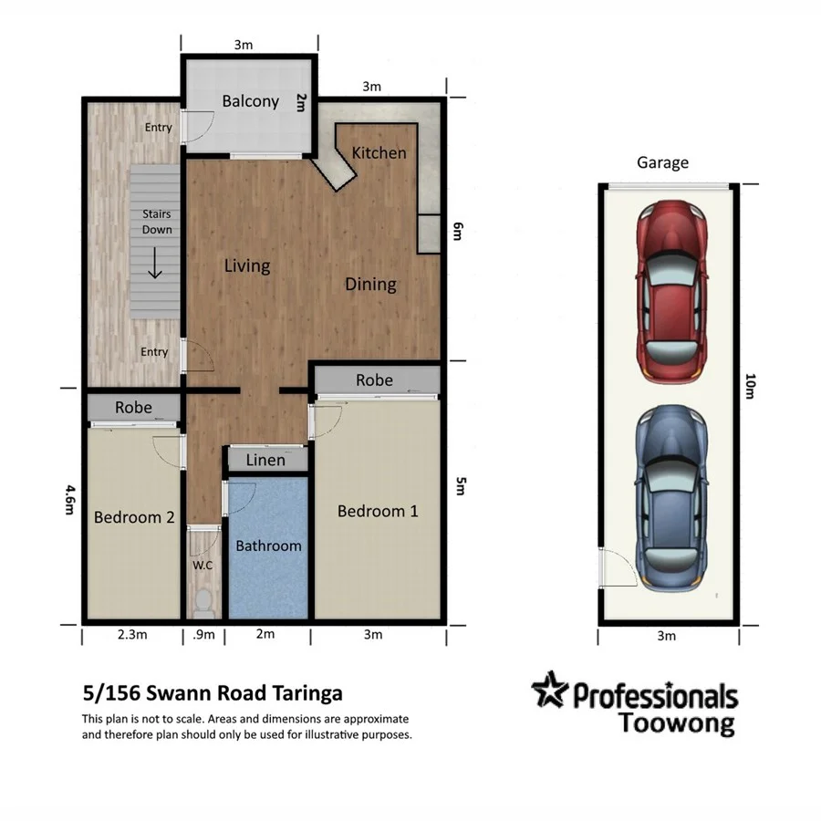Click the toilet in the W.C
(203, 601)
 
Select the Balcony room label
(250, 101)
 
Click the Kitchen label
(379, 152)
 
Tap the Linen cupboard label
(265, 460)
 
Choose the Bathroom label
(268, 546)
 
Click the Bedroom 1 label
(378, 511)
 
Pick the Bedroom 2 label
(134, 517)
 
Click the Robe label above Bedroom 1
(374, 379)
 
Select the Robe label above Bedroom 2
(133, 408)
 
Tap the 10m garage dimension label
(750, 387)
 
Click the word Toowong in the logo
(676, 723)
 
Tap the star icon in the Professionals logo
(550, 691)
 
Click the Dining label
(370, 284)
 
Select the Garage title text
(662, 162)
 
